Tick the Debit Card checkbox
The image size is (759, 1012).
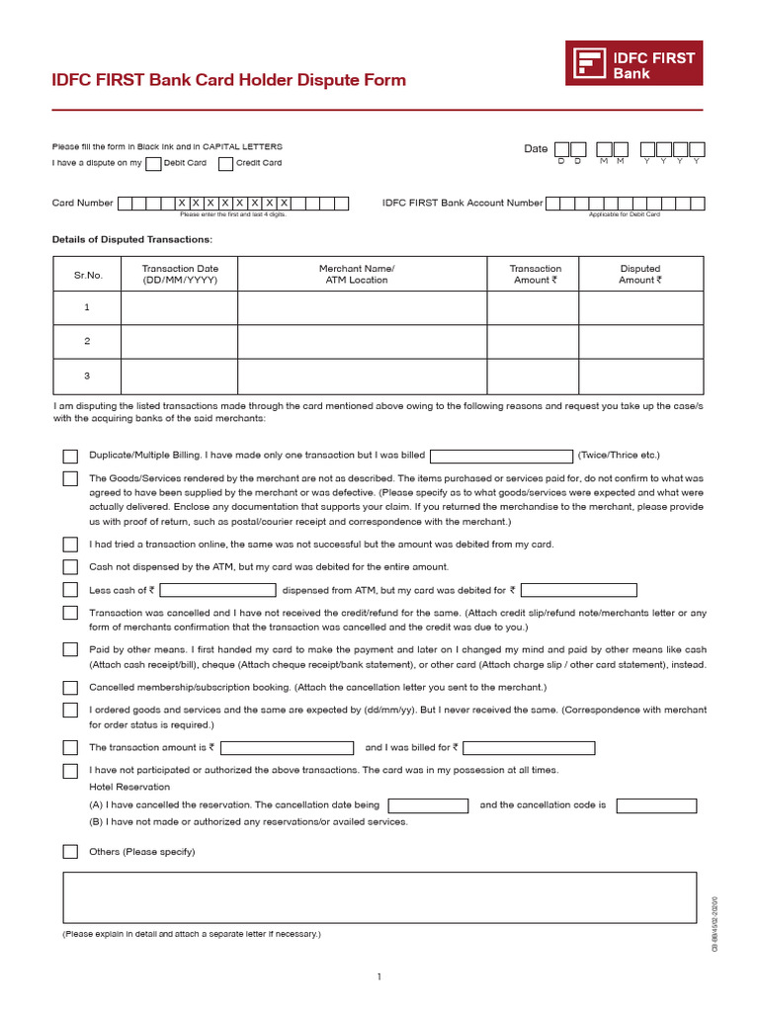[153, 163]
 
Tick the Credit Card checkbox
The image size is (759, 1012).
[225, 163]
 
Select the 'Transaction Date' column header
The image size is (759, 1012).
[180, 274]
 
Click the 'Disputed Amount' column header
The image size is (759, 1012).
[640, 274]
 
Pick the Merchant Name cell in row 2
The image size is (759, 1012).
[362, 341]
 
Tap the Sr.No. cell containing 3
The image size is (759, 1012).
[87, 376]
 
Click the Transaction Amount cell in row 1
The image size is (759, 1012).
[533, 307]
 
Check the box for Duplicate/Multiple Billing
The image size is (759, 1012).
[70, 456]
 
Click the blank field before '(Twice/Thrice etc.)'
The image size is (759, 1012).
[501, 456]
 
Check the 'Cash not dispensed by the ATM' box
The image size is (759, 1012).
[70, 567]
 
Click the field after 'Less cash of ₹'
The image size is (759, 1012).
[217, 590]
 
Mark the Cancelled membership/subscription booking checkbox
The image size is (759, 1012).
[70, 687]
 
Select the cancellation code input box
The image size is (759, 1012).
[656, 805]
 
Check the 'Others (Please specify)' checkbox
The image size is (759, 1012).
[70, 852]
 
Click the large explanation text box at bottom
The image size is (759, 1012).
[379, 896]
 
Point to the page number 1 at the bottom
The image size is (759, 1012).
[379, 977]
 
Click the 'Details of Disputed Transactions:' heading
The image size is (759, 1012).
[131, 239]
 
